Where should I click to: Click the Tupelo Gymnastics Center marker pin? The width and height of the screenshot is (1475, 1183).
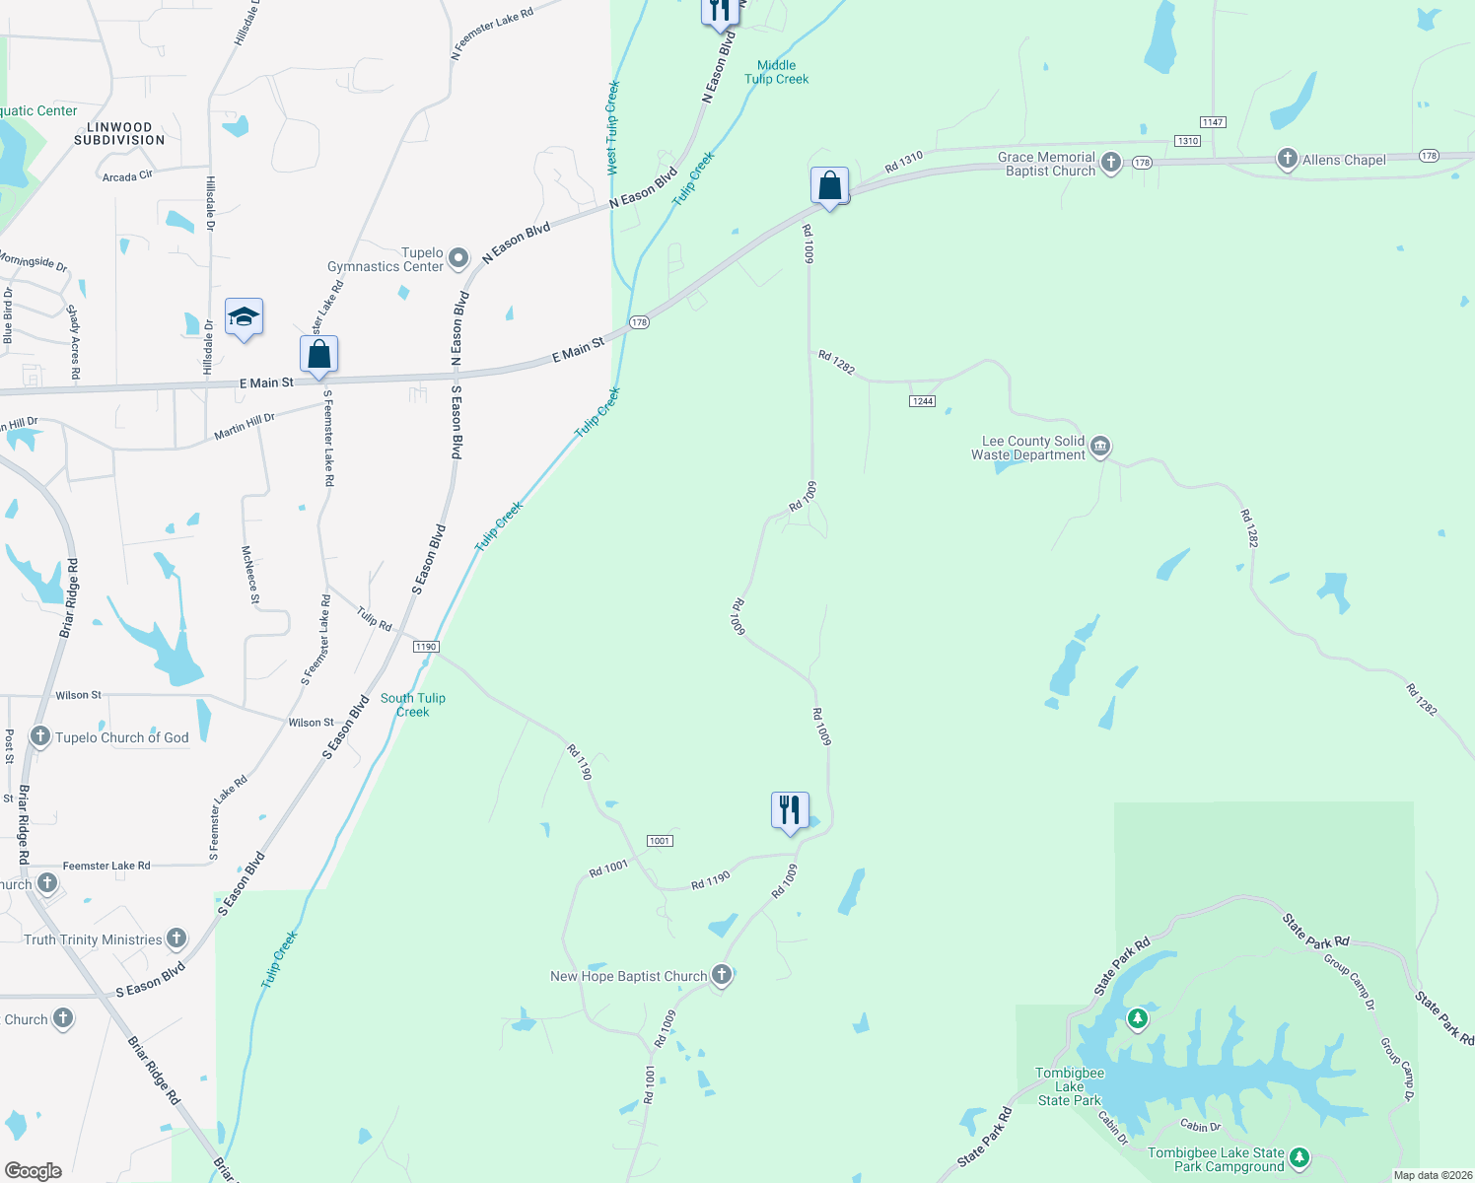click(x=458, y=258)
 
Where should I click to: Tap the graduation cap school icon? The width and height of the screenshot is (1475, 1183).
click(x=244, y=317)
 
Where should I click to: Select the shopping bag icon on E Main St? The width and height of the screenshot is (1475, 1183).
click(x=318, y=355)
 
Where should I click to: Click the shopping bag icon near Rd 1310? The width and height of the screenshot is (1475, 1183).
click(x=829, y=185)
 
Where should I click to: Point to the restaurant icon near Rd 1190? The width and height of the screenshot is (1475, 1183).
click(x=790, y=811)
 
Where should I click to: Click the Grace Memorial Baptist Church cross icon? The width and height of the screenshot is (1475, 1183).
click(x=1111, y=163)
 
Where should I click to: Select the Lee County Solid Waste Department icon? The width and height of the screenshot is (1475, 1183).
click(x=1100, y=448)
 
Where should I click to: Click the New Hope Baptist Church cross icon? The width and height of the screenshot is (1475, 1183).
click(x=722, y=975)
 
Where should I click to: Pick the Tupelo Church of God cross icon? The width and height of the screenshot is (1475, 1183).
click(x=40, y=736)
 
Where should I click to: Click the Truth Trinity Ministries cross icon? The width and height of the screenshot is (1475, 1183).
click(x=176, y=939)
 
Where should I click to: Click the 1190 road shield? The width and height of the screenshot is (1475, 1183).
click(x=426, y=647)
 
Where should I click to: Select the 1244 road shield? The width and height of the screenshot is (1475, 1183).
click(x=922, y=401)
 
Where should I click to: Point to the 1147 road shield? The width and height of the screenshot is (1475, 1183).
click(x=1213, y=122)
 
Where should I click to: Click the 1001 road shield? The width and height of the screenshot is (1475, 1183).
click(x=660, y=841)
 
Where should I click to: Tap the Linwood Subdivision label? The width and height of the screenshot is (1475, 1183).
click(x=119, y=134)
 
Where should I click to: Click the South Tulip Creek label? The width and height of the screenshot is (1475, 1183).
click(x=413, y=705)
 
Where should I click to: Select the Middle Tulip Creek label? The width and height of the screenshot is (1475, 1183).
click(x=777, y=72)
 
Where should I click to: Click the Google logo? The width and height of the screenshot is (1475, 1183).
click(x=34, y=1170)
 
